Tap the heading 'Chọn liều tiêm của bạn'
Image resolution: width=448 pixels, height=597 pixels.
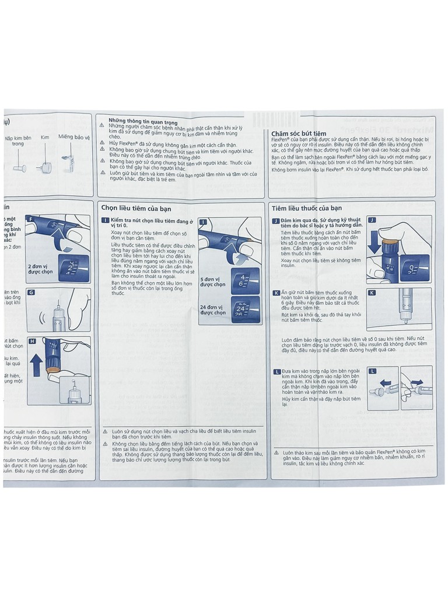tap(136, 208)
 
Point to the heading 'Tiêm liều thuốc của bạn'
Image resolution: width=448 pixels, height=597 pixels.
tap(307, 208)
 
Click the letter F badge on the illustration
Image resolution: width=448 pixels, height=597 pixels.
tap(32, 218)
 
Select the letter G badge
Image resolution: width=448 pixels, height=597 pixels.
tap(32, 292)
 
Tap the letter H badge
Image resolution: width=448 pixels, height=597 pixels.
tap(32, 340)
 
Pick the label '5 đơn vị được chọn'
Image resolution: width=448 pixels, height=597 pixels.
tap(212, 282)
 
